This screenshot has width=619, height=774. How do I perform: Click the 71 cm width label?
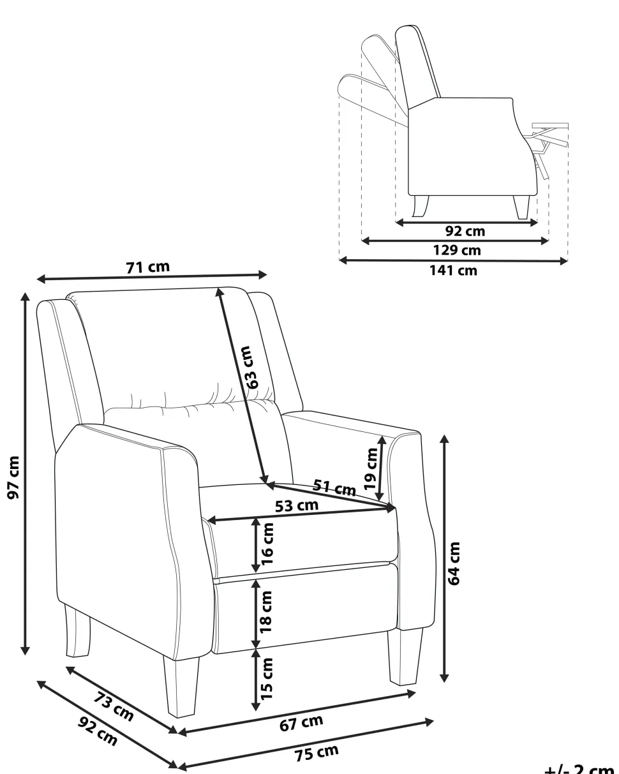(x=148, y=267)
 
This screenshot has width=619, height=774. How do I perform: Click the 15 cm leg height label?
(x=267, y=676)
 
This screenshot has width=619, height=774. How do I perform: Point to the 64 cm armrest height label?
(x=454, y=563)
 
